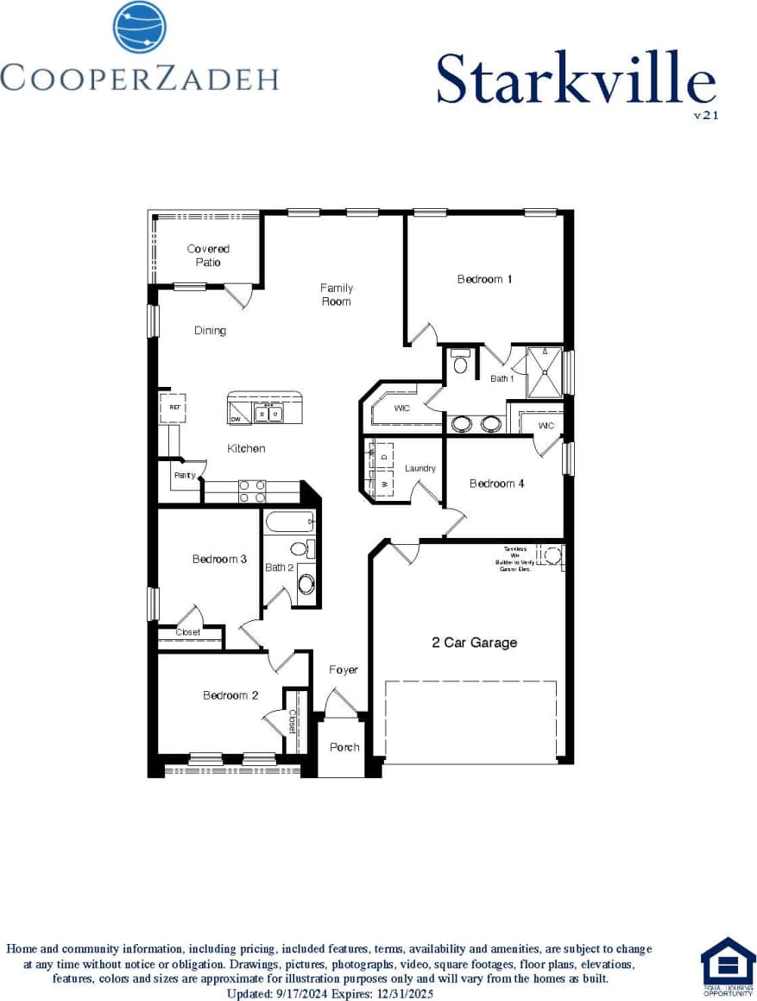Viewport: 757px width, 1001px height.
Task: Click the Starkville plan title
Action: point(575,79)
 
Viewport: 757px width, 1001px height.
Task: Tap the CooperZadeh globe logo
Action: point(139,27)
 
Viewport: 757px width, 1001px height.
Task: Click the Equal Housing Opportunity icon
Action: point(728,966)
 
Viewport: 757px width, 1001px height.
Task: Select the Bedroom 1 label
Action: point(485,279)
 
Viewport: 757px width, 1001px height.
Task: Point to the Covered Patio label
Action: point(208,256)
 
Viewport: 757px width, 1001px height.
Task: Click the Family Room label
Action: point(336,295)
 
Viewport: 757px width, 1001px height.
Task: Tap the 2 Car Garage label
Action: point(474,643)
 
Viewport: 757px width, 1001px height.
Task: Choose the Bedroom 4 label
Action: point(496,484)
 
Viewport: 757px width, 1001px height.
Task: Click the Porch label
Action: point(344,747)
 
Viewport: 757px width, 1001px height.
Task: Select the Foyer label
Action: point(344,670)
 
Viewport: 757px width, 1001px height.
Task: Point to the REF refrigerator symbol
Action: point(173,408)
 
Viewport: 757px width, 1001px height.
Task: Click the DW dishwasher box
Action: point(236,419)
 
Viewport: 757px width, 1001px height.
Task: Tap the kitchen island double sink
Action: point(268,415)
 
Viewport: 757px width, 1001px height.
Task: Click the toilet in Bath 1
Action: point(460,362)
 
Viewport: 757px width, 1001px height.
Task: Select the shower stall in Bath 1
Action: point(544,371)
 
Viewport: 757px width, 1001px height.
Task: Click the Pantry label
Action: point(184,475)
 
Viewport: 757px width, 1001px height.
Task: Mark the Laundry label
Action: point(420,468)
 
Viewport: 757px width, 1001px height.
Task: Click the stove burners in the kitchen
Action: point(252,491)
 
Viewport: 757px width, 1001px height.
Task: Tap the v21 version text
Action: point(705,113)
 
